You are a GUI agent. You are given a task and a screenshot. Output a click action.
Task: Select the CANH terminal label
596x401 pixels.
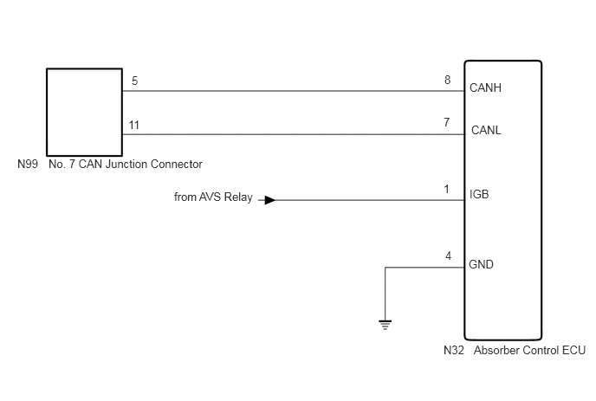485,87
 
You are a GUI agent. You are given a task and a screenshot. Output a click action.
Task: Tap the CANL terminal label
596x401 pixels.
486,131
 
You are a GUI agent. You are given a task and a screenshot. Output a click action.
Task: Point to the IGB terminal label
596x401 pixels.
479,194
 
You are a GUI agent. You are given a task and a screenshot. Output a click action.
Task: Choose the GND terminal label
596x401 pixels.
481,264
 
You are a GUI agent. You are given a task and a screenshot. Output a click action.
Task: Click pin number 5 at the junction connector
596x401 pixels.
134,81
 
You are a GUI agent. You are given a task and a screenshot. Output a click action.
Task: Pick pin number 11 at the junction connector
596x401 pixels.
133,125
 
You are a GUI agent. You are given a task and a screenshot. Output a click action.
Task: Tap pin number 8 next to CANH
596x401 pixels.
447,80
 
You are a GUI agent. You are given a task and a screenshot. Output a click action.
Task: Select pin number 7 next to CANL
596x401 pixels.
447,122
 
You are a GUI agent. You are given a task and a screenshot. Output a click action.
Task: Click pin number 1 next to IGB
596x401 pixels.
447,189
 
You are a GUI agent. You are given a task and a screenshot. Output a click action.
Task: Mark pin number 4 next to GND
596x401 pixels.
448,255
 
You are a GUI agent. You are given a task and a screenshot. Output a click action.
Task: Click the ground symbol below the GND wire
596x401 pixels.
385,325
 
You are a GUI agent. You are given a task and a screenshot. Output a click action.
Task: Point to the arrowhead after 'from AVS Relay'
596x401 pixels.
270,200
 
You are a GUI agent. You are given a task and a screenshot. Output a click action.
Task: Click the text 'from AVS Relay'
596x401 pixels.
213,197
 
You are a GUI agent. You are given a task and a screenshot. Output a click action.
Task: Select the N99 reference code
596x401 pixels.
28,164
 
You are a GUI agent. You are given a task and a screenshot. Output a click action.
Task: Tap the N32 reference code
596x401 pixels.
454,350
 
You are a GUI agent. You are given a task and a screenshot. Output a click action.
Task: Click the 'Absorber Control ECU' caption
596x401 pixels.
529,350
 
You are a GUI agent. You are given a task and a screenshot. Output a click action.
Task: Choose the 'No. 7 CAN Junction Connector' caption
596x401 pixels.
126,164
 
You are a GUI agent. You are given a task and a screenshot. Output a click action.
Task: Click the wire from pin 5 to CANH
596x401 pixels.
294,91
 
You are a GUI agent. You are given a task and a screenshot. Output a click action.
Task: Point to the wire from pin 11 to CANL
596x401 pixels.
294,134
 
